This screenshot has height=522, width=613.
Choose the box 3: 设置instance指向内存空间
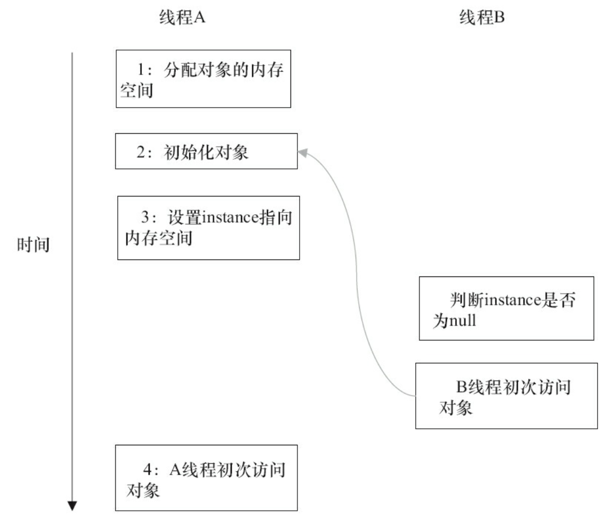pyautogui.click(x=208, y=227)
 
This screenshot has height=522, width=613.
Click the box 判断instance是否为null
pyautogui.click(x=506, y=308)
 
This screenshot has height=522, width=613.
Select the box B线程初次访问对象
pyautogui.click(x=506, y=396)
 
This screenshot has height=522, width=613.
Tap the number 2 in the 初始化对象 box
pyautogui.click(x=140, y=153)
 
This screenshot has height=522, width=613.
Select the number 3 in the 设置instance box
pyautogui.click(x=144, y=219)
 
